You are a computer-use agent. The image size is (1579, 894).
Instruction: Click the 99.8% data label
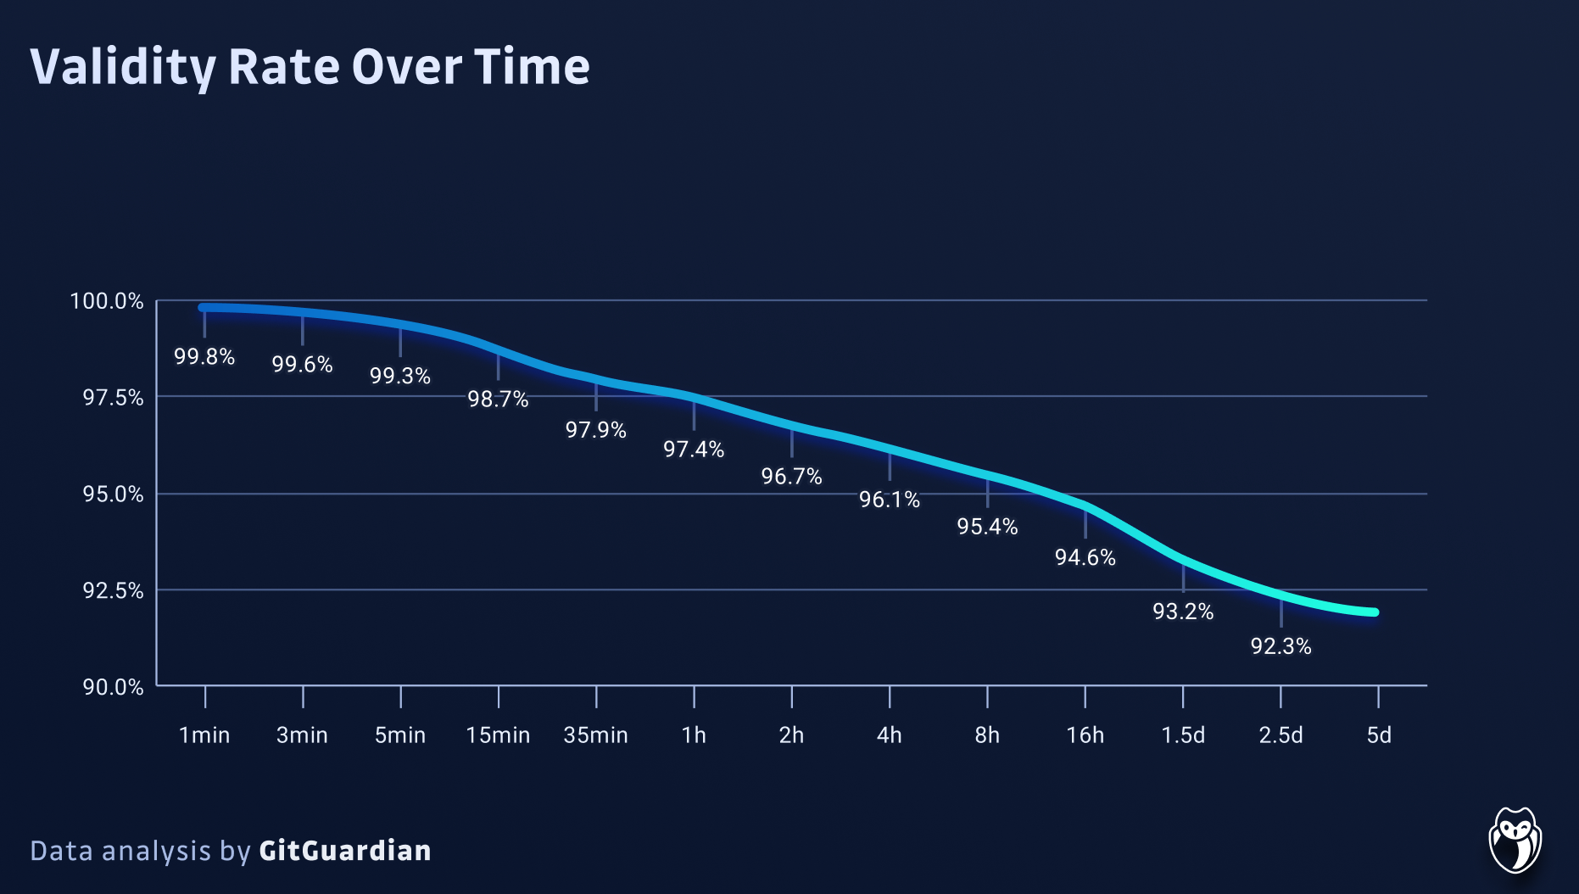204,356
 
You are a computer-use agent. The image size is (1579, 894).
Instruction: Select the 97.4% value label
694,449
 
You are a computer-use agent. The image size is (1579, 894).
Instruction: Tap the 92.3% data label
1280,646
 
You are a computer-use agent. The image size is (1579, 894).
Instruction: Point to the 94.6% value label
1085,557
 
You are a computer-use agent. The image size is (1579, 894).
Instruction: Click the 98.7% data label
498,399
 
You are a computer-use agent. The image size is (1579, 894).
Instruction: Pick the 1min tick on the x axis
204,735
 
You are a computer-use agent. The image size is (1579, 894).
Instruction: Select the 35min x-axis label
595,735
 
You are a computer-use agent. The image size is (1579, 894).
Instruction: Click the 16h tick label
1085,735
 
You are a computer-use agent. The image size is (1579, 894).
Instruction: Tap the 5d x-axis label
1378,735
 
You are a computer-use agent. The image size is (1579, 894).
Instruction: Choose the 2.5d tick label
1280,735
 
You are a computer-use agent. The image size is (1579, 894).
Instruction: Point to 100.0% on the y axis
107,301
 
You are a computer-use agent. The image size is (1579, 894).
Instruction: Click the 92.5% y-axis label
113,590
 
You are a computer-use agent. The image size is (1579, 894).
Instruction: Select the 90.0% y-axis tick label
113,687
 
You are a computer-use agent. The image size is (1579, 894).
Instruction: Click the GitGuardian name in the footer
344,850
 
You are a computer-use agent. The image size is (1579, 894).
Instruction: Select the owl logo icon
1515,840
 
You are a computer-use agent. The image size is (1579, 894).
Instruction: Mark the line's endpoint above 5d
1375,612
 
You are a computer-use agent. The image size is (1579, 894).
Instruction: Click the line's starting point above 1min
203,308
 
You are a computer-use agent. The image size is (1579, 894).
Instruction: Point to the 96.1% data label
889,500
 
